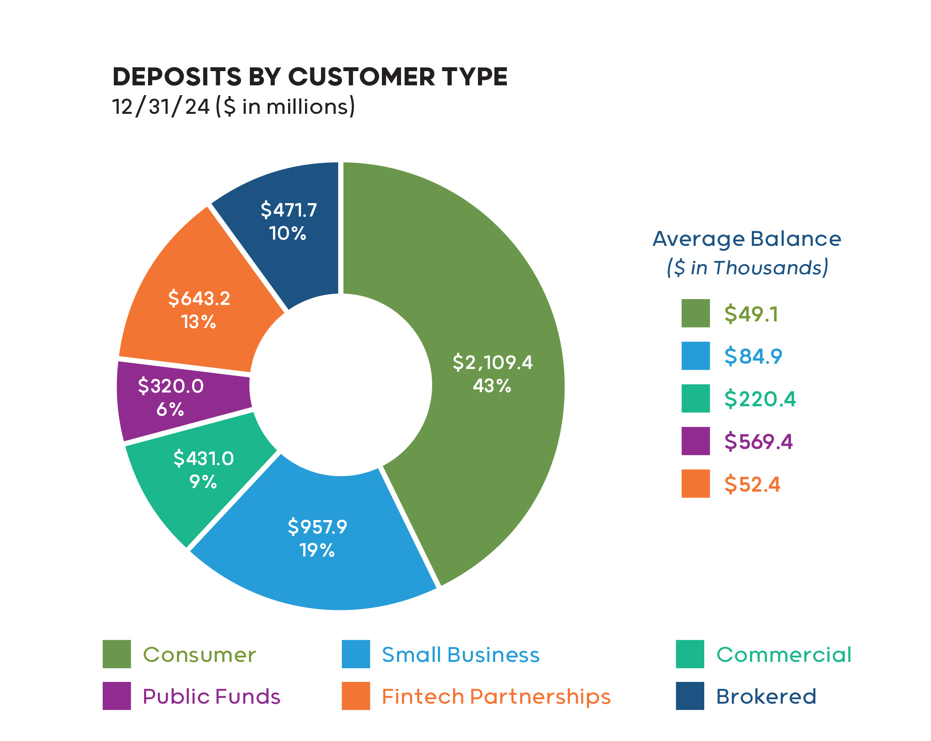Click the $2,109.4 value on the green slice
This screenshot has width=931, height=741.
492,362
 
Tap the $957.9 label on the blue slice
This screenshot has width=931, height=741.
317,527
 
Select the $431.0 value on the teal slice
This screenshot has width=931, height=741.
203,458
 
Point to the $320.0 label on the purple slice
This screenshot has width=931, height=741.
171,386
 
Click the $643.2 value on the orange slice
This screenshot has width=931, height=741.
199,298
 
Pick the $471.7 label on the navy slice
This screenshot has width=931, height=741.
289,210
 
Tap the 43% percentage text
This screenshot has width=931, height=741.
492,386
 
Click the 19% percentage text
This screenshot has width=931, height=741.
317,550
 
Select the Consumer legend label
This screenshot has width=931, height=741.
199,655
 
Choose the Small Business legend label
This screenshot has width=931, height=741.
461,655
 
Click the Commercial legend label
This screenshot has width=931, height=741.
784,655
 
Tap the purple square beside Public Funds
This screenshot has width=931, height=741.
116,696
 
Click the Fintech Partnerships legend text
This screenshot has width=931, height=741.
496,697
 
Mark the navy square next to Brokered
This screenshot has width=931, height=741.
690,696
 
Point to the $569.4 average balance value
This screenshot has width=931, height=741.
758,441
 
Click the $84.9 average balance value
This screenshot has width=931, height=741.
753,356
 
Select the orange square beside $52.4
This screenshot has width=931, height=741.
695,484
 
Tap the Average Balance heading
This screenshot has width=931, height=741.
747,239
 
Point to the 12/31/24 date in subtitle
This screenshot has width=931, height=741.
161,107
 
